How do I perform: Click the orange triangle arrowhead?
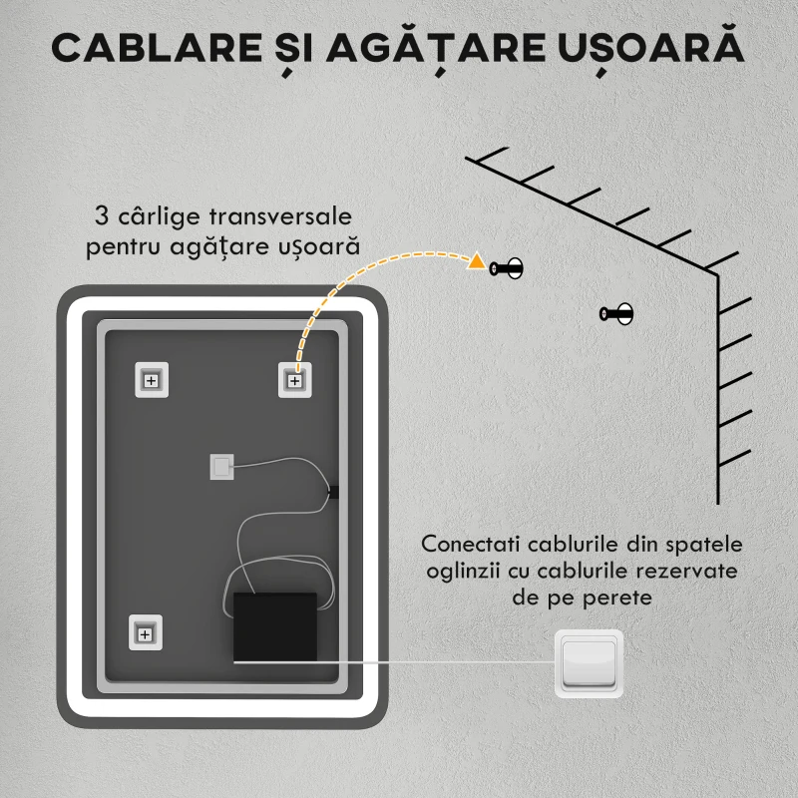(x=477, y=263)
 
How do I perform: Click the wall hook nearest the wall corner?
(x=616, y=314)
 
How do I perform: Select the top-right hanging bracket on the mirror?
(x=295, y=380)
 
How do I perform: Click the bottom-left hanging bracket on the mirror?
(x=145, y=632)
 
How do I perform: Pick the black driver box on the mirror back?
(x=274, y=626)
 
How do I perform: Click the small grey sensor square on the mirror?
(x=221, y=467)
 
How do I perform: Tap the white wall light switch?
(x=588, y=662)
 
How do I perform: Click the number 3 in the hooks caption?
(x=100, y=216)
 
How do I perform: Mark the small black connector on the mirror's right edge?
(x=334, y=490)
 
